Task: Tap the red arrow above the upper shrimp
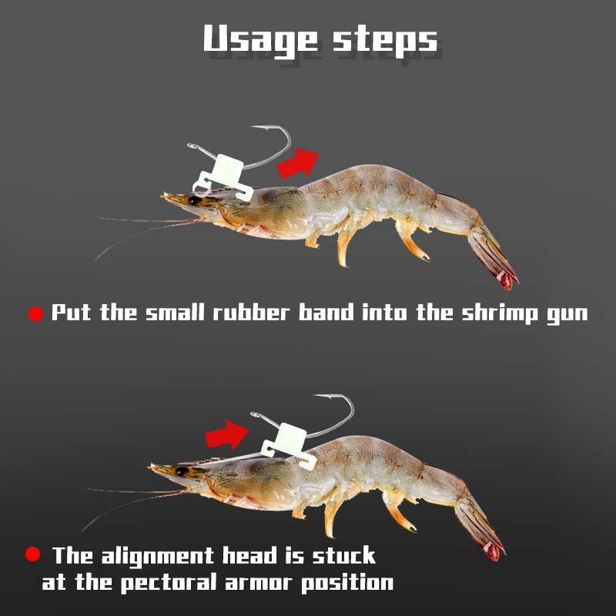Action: [298, 163]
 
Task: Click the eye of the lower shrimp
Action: [182, 471]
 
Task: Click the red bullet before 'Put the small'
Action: [35, 314]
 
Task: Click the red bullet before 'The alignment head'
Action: [33, 554]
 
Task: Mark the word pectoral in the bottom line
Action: [166, 582]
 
